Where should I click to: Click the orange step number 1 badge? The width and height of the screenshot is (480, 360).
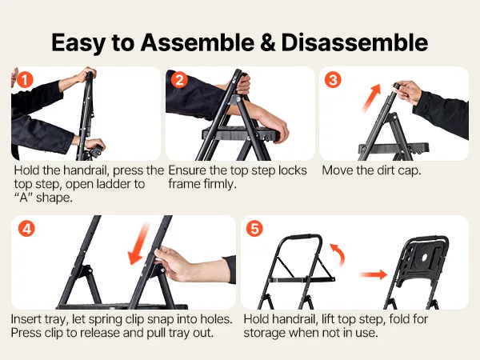(25, 80)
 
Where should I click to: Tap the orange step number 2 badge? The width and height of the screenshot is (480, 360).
(179, 80)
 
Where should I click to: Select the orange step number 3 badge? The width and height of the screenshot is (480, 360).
(333, 80)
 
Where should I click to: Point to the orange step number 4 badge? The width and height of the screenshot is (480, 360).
(26, 229)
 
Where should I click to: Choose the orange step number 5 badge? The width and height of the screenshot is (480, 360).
(254, 229)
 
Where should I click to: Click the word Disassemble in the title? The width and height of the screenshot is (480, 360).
(354, 42)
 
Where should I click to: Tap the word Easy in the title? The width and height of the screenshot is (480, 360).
(78, 43)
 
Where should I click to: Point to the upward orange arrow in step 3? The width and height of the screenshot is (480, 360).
(371, 98)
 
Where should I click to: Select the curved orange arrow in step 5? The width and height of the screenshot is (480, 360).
(338, 254)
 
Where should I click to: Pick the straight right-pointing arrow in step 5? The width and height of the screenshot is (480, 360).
(373, 274)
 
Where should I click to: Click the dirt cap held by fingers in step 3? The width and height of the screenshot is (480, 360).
(397, 86)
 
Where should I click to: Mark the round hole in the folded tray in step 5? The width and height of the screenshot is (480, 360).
(424, 258)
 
